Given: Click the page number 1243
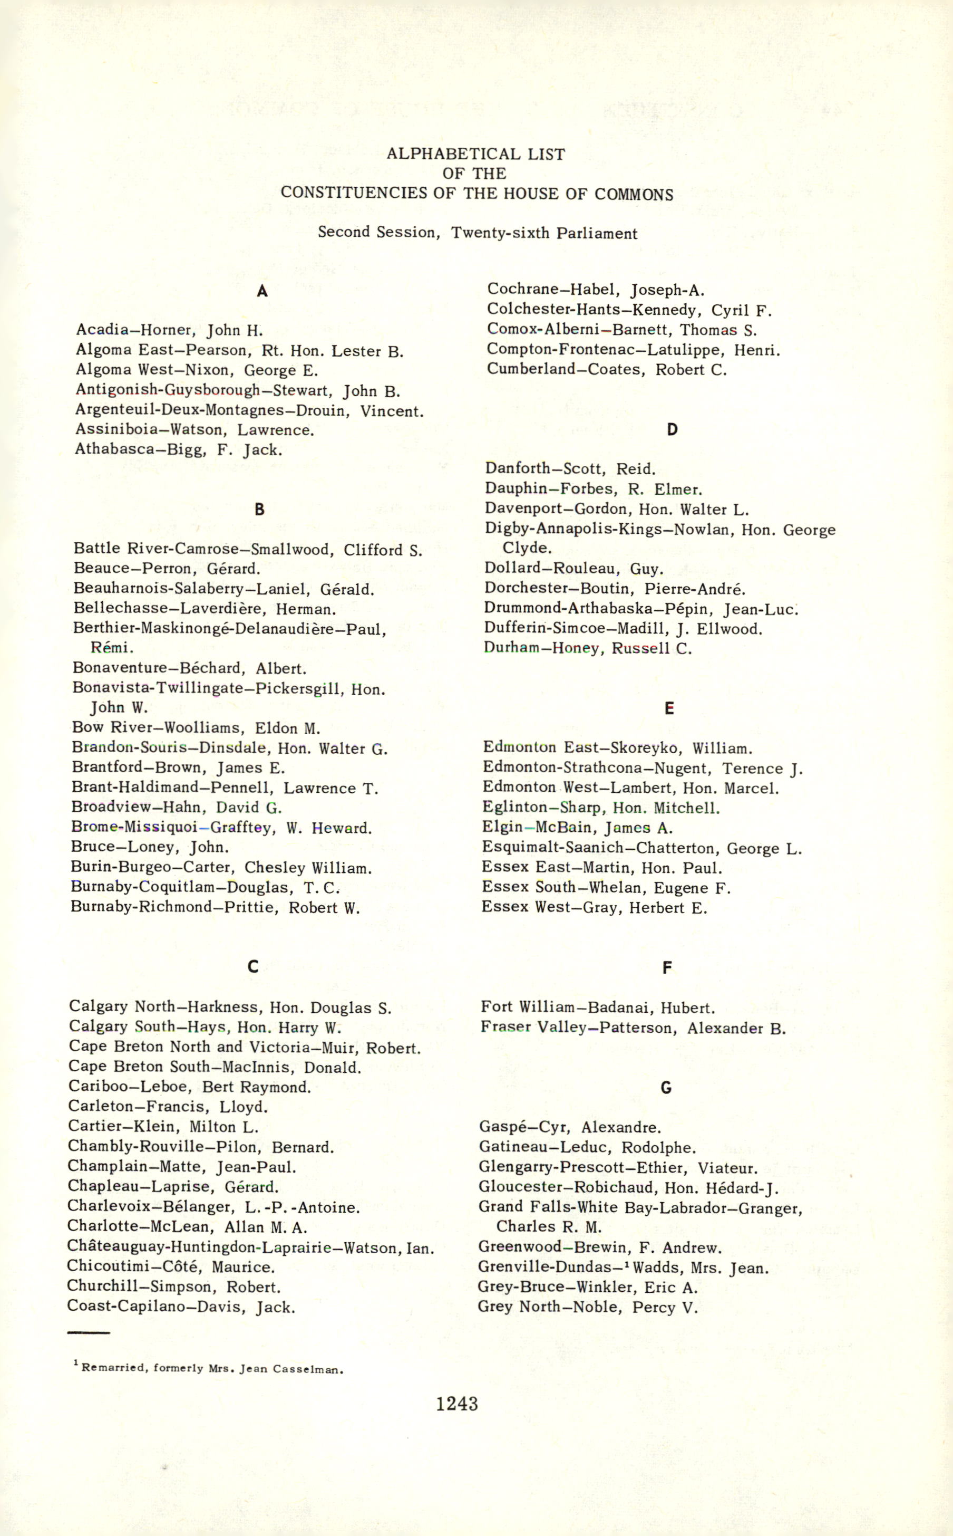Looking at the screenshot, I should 457,1404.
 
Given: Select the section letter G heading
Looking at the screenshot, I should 666,1087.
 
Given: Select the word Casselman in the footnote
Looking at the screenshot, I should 308,1369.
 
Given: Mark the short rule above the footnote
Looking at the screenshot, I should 87,1333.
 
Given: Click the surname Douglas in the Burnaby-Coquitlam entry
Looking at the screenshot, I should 258,888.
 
